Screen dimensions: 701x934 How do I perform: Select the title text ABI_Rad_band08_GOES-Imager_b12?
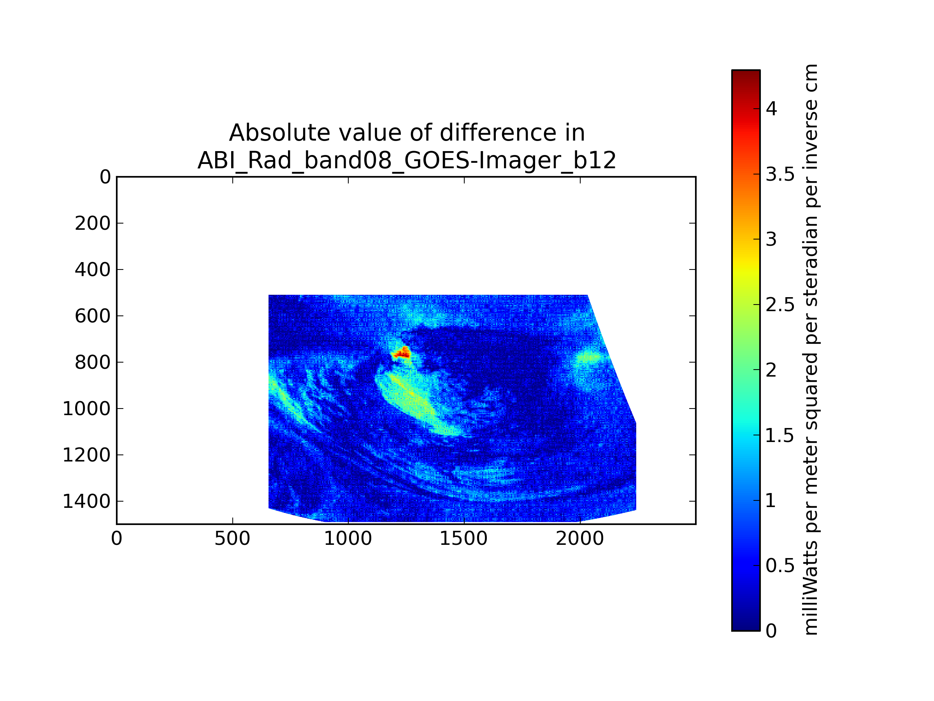click(407, 160)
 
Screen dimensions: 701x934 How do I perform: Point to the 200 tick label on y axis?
click(93, 224)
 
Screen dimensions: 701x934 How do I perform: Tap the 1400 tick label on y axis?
click(86, 502)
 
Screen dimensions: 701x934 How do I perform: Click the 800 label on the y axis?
click(93, 363)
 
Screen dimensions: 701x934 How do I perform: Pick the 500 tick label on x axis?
click(232, 539)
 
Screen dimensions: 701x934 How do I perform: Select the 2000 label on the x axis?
click(580, 539)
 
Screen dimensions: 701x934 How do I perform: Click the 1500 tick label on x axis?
click(463, 539)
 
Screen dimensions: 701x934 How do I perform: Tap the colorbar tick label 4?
click(771, 109)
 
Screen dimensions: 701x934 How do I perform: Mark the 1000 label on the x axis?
click(348, 539)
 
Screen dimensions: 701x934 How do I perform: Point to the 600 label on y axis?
click(93, 316)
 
